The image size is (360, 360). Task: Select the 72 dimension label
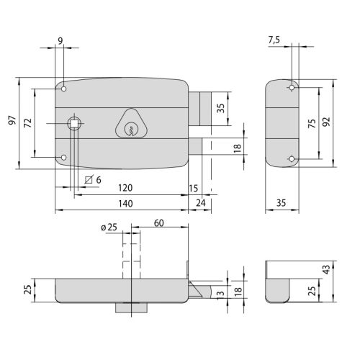click(x=27, y=123)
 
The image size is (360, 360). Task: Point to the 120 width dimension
click(x=125, y=188)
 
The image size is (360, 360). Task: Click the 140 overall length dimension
click(x=125, y=204)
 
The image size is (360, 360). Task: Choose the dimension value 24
click(x=200, y=204)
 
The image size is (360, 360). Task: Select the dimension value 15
click(x=193, y=188)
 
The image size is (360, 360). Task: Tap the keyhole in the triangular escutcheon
click(x=130, y=130)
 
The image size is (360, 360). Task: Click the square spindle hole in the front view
click(x=73, y=125)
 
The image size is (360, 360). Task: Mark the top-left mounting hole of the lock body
click(x=64, y=90)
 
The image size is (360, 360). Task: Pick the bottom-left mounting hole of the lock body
click(x=64, y=157)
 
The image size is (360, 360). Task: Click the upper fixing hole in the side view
click(x=292, y=88)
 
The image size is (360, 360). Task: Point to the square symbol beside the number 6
click(x=89, y=179)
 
